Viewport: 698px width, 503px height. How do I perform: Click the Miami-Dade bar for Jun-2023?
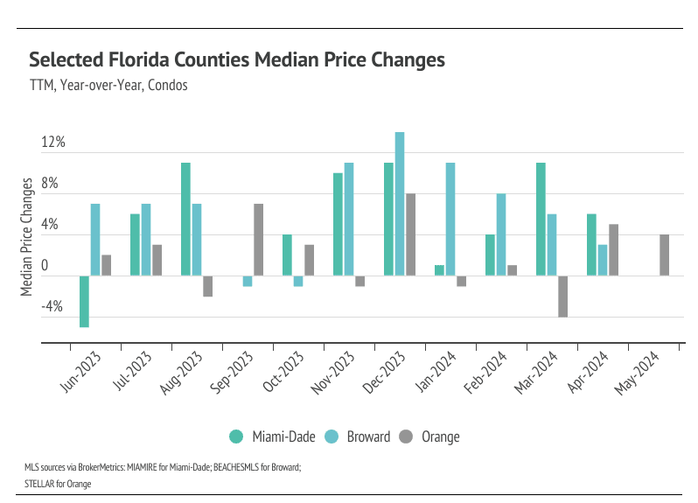tap(85, 302)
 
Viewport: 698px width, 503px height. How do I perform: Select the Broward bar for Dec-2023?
tap(400, 204)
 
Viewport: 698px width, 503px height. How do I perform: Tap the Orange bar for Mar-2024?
tap(562, 297)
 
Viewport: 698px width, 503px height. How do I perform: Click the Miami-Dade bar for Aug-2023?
tap(185, 220)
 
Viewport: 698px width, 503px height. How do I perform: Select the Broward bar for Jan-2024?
tap(450, 220)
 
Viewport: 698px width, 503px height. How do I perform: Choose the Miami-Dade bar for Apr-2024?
tap(591, 245)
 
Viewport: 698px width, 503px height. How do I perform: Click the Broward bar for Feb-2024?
tap(501, 234)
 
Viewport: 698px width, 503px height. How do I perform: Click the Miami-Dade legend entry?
tap(269, 437)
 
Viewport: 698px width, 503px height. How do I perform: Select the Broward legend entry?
tap(359, 437)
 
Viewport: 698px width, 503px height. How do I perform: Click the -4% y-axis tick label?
tap(52, 307)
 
